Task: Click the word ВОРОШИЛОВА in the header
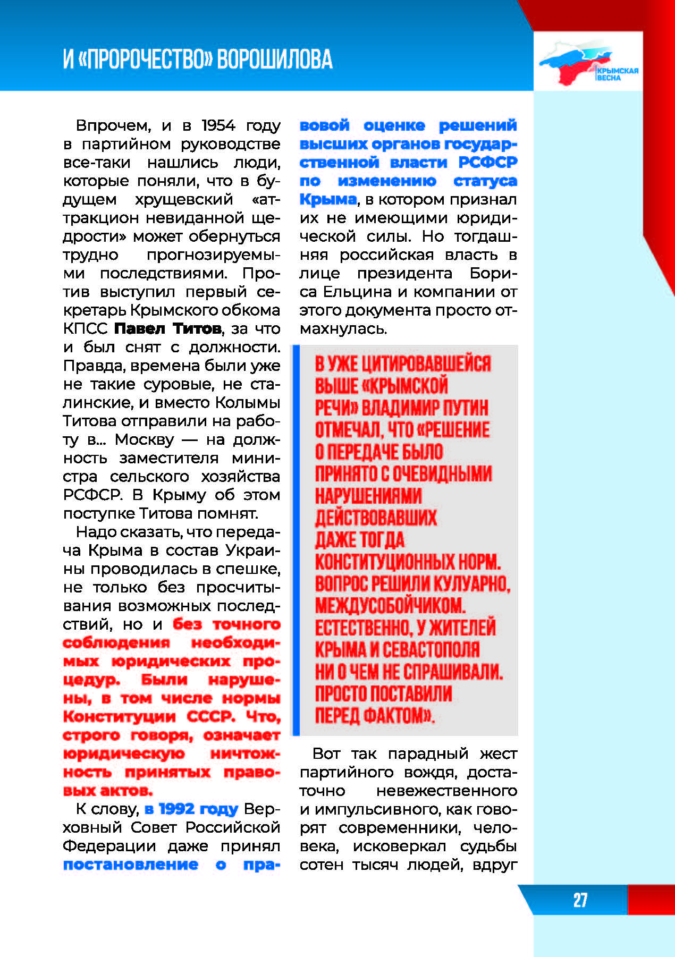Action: click(275, 60)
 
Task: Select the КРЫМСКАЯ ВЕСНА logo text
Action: click(617, 74)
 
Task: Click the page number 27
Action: click(580, 900)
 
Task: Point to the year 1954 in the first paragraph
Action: click(218, 125)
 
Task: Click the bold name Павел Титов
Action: click(167, 329)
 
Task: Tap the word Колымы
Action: click(248, 403)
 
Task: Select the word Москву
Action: click(145, 440)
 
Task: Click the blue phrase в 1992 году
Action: click(191, 809)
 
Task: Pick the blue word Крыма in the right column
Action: click(328, 200)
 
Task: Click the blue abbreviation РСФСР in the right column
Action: click(487, 163)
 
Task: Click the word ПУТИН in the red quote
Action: click(463, 408)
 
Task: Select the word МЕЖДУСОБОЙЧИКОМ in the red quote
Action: click(390, 606)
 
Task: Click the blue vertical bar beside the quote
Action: click(296, 540)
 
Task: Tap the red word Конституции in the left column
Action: click(119, 717)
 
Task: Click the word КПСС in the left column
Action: click(85, 329)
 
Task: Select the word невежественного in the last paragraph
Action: click(446, 791)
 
